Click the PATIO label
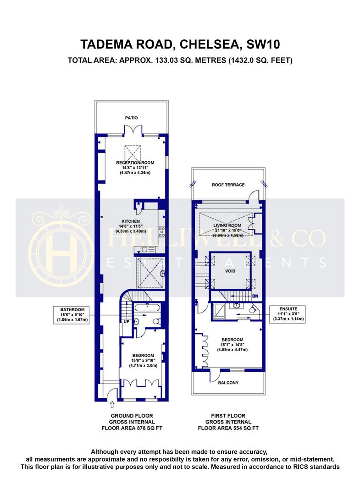pyautogui.click(x=131, y=118)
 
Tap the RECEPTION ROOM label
pyautogui.click(x=135, y=163)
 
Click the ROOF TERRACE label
pyautogui.click(x=228, y=185)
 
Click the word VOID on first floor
pyautogui.click(x=230, y=270)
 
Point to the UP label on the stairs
pyautogui.click(x=127, y=321)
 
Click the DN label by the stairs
pyautogui.click(x=255, y=297)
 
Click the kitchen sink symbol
pyautogui.click(x=145, y=250)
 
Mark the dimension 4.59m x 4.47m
pyautogui.click(x=232, y=350)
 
